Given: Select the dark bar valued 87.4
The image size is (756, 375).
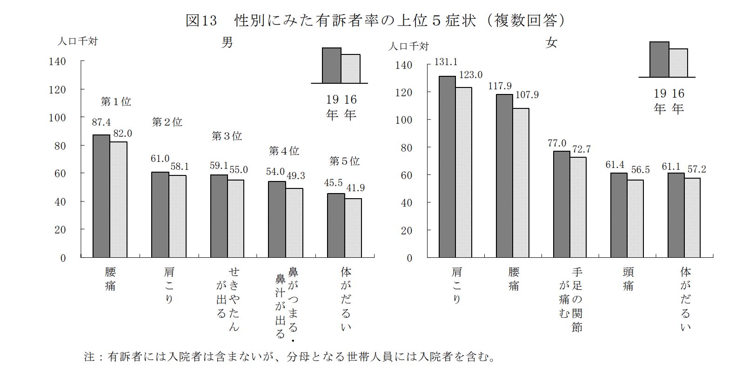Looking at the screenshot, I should (x=101, y=195).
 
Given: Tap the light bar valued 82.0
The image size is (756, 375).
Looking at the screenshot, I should (x=119, y=199).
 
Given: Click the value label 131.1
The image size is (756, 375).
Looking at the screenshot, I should (x=446, y=62).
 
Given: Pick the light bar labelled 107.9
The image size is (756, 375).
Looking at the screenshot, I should (x=521, y=182).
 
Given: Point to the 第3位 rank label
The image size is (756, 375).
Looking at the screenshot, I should (x=227, y=136).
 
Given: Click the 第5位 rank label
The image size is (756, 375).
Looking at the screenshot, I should (x=344, y=161).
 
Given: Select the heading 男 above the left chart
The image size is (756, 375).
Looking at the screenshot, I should (x=227, y=43).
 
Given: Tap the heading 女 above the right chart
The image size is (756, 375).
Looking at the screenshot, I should (x=551, y=43).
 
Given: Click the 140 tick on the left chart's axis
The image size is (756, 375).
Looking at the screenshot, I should (x=58, y=61).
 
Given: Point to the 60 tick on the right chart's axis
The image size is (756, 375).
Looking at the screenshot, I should (x=407, y=175).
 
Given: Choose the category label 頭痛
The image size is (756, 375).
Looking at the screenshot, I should (x=628, y=279).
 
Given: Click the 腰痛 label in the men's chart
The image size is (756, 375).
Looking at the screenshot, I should (x=110, y=279).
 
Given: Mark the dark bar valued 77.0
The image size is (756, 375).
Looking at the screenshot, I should (x=562, y=204).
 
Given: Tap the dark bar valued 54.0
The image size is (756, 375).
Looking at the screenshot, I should (x=277, y=219).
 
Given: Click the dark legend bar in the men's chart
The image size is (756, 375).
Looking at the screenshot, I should (x=332, y=65).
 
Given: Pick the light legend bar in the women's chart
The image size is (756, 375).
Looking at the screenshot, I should (x=678, y=63).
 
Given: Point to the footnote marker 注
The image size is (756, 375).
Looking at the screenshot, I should (x=89, y=357).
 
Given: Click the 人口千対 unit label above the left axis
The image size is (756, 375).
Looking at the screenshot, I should (x=77, y=41).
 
